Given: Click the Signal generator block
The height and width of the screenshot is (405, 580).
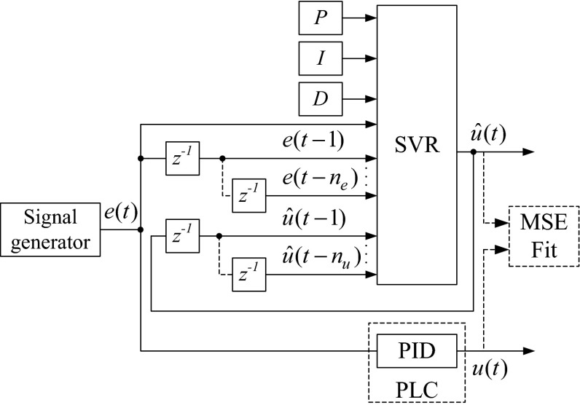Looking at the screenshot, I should tap(50, 229).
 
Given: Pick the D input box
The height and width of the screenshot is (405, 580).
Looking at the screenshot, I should tap(321, 100).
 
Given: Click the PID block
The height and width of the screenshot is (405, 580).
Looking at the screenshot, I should tap(417, 352).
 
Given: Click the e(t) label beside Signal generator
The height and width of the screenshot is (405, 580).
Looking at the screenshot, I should tap(119, 213).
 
